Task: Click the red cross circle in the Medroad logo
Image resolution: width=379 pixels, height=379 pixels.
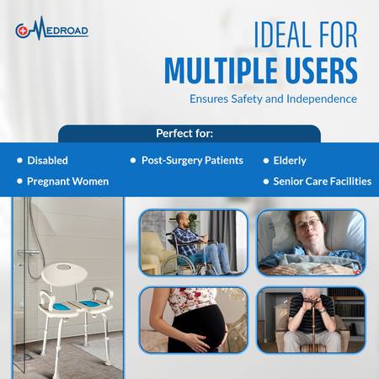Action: pyautogui.click(x=22, y=31)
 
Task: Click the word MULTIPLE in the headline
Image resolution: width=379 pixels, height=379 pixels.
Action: pyautogui.click(x=221, y=70)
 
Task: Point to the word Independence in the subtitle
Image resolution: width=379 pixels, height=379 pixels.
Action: pyautogui.click(x=322, y=99)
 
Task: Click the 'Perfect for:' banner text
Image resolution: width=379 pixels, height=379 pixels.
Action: pyautogui.click(x=184, y=133)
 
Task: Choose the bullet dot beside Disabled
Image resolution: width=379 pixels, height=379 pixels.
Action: pyautogui.click(x=19, y=160)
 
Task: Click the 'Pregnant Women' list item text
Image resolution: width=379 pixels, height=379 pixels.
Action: pyautogui.click(x=67, y=181)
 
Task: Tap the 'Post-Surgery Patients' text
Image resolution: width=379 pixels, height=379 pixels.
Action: pyautogui.click(x=192, y=161)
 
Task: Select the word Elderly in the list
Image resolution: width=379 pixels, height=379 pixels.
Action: pyautogui.click(x=290, y=161)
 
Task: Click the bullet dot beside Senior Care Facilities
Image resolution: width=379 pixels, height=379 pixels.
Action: pyautogui.click(x=266, y=181)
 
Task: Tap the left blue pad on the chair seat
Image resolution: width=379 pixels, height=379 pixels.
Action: pyautogui.click(x=62, y=307)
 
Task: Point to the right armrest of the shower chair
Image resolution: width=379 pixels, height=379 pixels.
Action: pyautogui.click(x=102, y=294)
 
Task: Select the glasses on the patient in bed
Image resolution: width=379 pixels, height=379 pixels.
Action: pyautogui.click(x=308, y=225)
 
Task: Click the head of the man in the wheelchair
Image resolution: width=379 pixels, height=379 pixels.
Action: pyautogui.click(x=182, y=221)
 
